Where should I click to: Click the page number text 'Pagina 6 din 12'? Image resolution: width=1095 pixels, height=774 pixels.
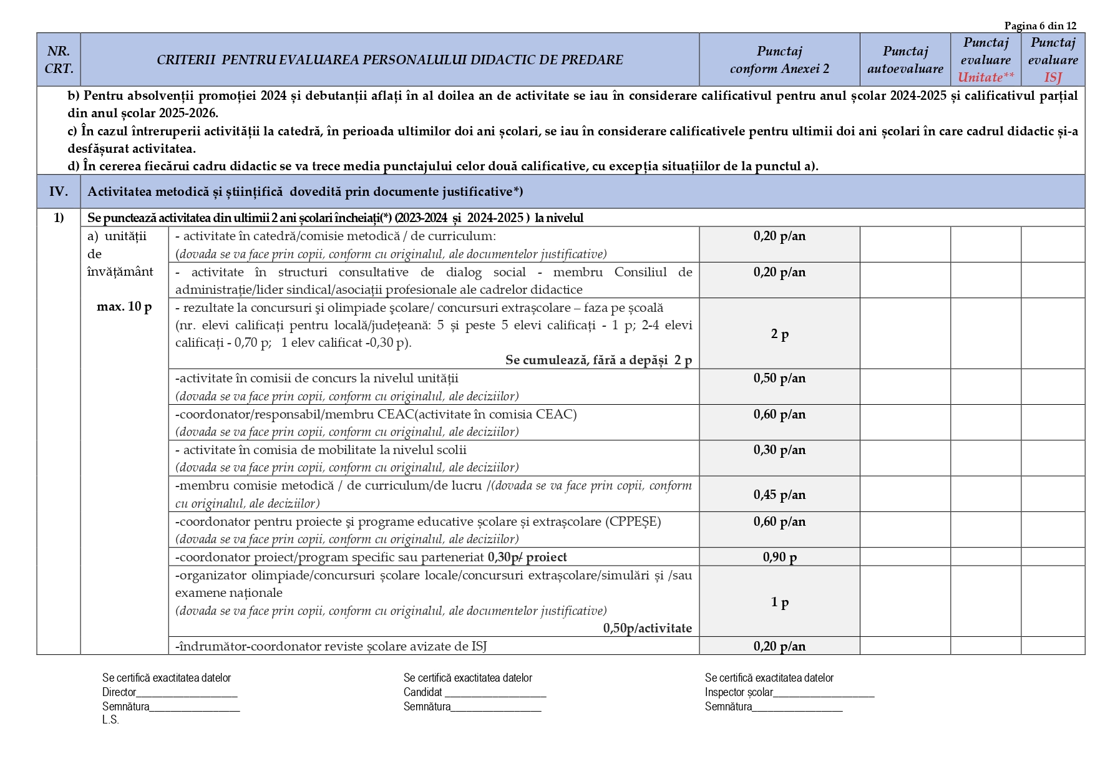1040,26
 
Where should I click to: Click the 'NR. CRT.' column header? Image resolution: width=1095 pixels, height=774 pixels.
59,60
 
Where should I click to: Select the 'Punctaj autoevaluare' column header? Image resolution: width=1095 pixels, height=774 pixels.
905,60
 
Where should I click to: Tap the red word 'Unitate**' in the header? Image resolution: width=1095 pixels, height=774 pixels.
986,77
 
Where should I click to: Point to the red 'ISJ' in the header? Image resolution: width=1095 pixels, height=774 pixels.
1053,77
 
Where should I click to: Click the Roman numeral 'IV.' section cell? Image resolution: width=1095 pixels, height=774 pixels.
59,191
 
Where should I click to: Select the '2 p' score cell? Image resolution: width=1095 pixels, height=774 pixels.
779,334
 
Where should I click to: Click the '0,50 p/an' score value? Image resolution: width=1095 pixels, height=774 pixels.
779,379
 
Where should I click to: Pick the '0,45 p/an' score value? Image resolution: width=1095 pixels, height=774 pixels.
779,495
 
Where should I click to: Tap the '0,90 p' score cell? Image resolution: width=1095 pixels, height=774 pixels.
779,557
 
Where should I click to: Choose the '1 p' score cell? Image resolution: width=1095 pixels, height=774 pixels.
779,602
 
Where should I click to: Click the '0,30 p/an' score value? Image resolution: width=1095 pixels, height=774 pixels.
779,450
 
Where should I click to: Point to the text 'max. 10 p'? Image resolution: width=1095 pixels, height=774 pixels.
124,307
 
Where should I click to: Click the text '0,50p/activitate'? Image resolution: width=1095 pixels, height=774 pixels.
647,628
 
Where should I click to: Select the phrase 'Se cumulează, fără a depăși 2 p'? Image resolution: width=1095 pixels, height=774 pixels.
598,360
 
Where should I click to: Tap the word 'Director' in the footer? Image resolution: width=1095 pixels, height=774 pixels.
119,692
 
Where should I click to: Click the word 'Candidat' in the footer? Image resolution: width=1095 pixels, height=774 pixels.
422,692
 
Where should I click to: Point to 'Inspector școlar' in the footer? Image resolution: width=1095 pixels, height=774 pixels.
739,692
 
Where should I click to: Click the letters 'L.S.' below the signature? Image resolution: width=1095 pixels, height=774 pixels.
110,720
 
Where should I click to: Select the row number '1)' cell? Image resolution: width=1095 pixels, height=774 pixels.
59,218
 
